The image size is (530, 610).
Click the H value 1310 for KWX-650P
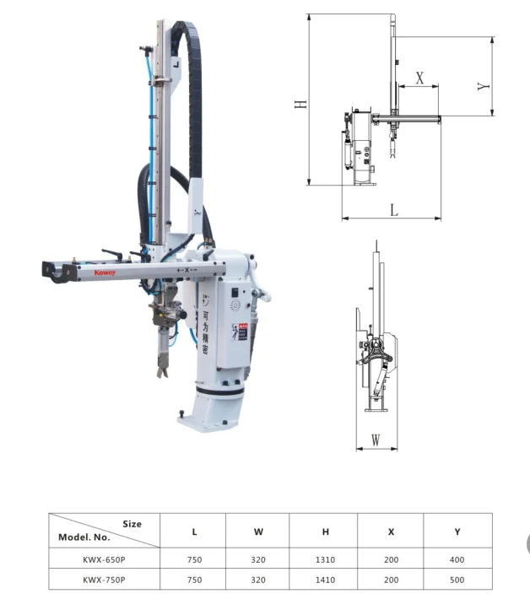coord(324,559)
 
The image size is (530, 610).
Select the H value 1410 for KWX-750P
coord(324,580)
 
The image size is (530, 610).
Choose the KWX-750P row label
coord(105,580)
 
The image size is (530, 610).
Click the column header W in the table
coord(258,532)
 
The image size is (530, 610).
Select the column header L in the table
coord(194,532)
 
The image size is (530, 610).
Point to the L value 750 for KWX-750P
coord(194,580)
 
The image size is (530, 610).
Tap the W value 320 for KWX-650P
coord(258,559)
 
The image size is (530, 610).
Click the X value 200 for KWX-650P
coord(391,559)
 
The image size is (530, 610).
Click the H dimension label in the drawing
coord(300,103)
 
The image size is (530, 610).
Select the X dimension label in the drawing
coord(419,76)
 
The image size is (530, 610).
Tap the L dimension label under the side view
coord(393,210)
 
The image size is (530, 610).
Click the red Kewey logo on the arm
coord(81,273)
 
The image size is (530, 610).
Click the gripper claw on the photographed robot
coord(160,369)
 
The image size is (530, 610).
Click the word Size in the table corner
coord(132,523)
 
